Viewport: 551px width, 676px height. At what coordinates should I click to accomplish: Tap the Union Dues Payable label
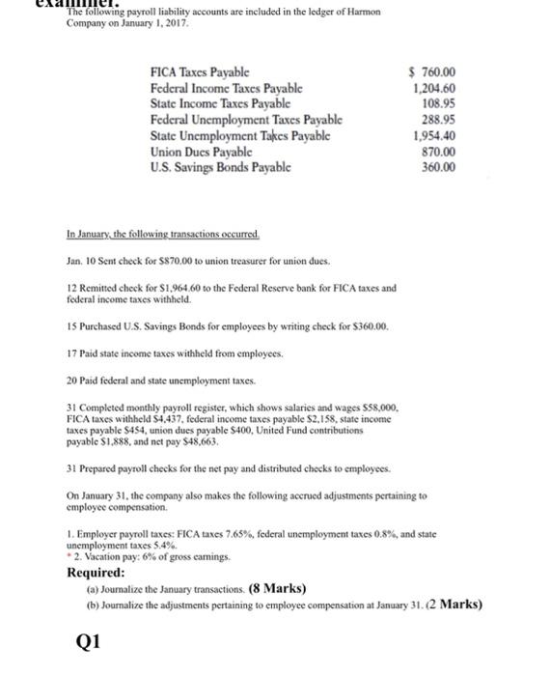point(201,153)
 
